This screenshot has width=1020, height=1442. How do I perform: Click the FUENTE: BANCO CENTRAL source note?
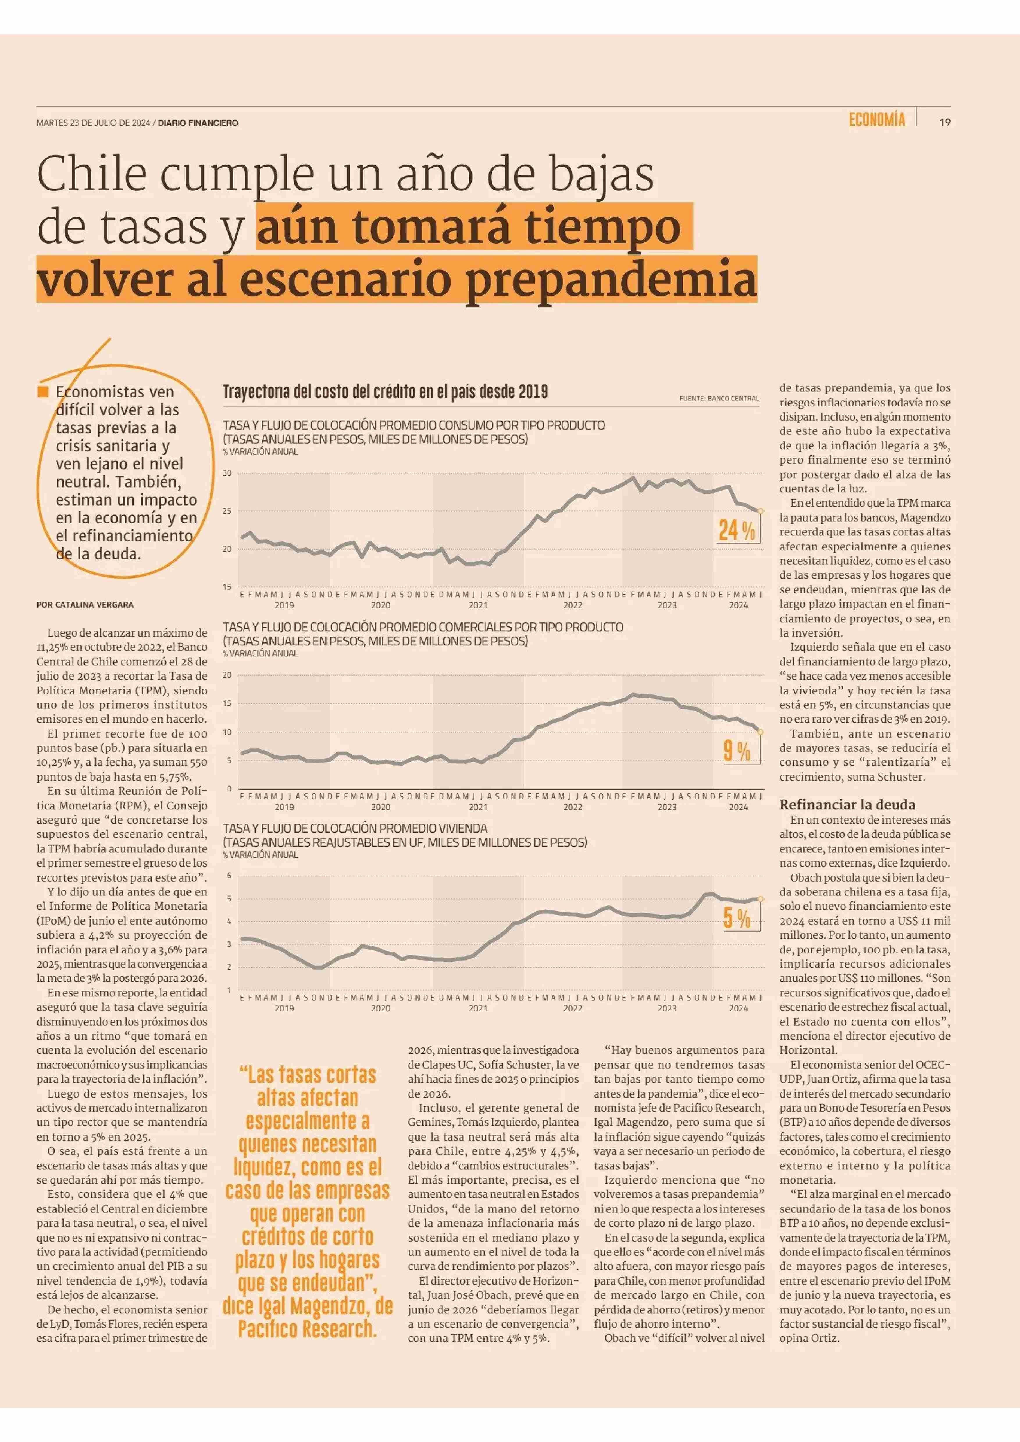coord(719,398)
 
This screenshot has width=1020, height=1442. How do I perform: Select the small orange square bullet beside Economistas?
coord(43,392)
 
